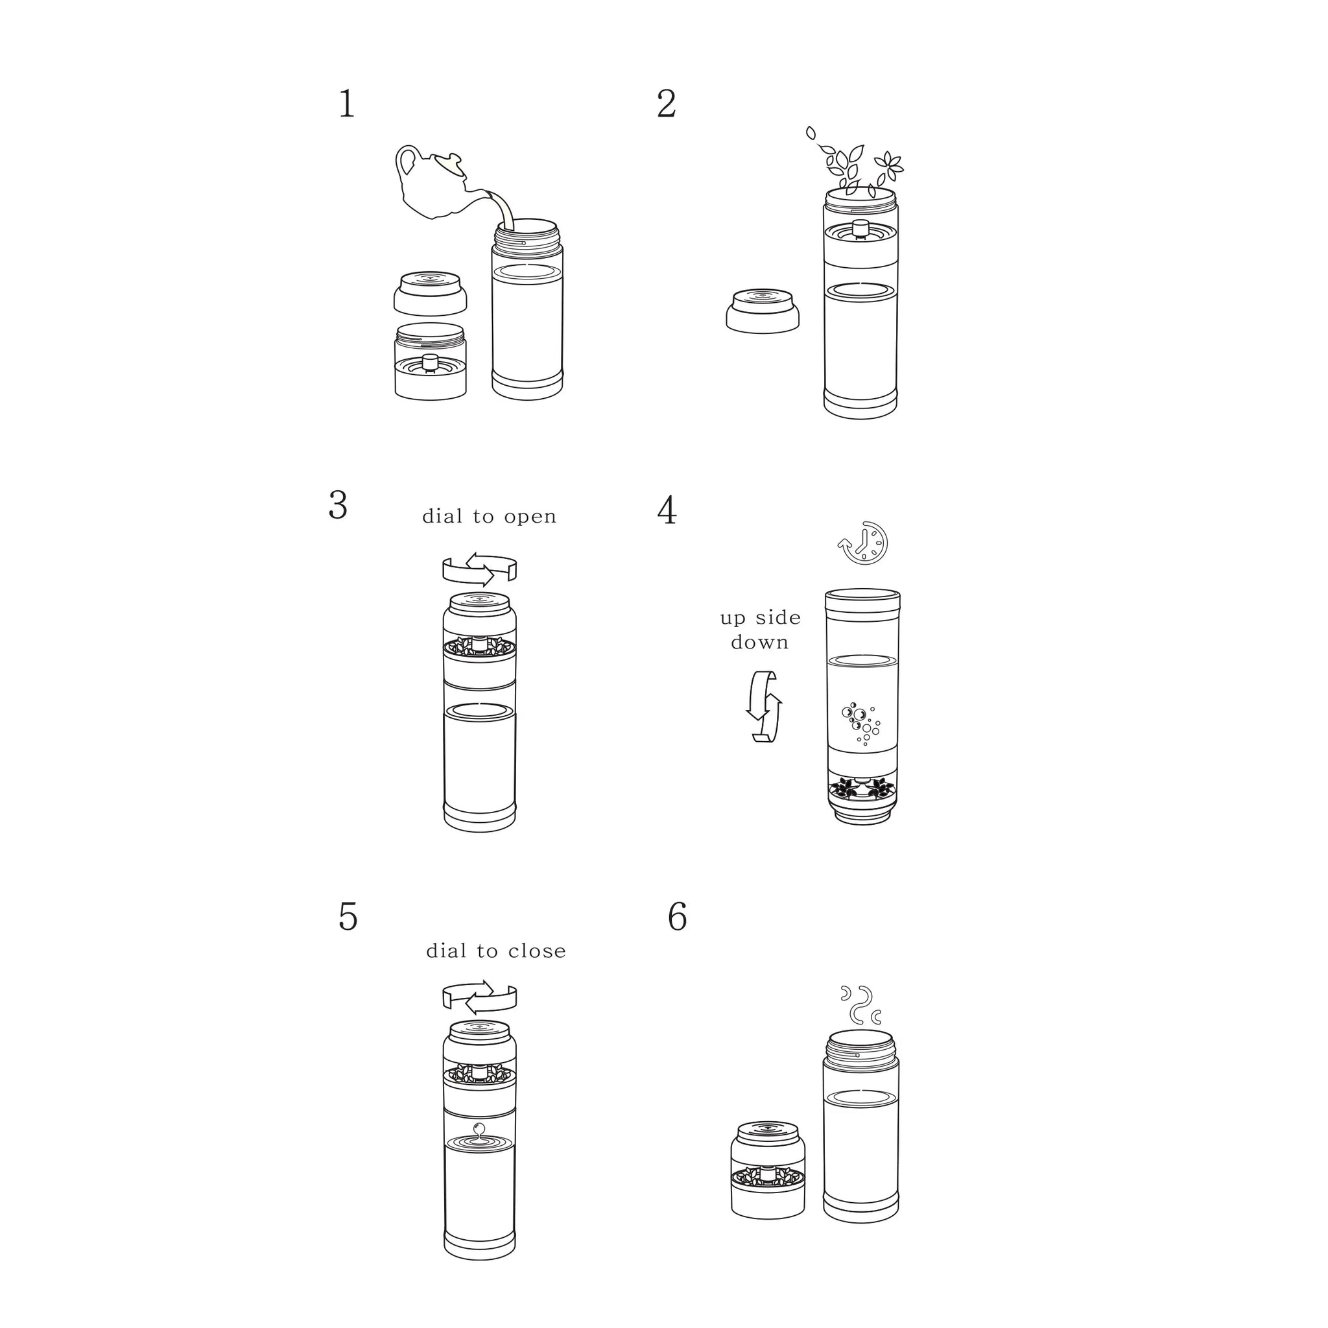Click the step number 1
347,105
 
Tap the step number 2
667,104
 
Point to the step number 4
667,511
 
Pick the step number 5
348,917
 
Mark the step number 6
678,917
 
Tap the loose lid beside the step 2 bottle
763,311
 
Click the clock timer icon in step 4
863,543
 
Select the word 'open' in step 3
530,517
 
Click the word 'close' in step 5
538,951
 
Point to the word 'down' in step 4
759,642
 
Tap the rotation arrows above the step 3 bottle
479,569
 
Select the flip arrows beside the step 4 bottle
765,706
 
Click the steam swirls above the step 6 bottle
860,1005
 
